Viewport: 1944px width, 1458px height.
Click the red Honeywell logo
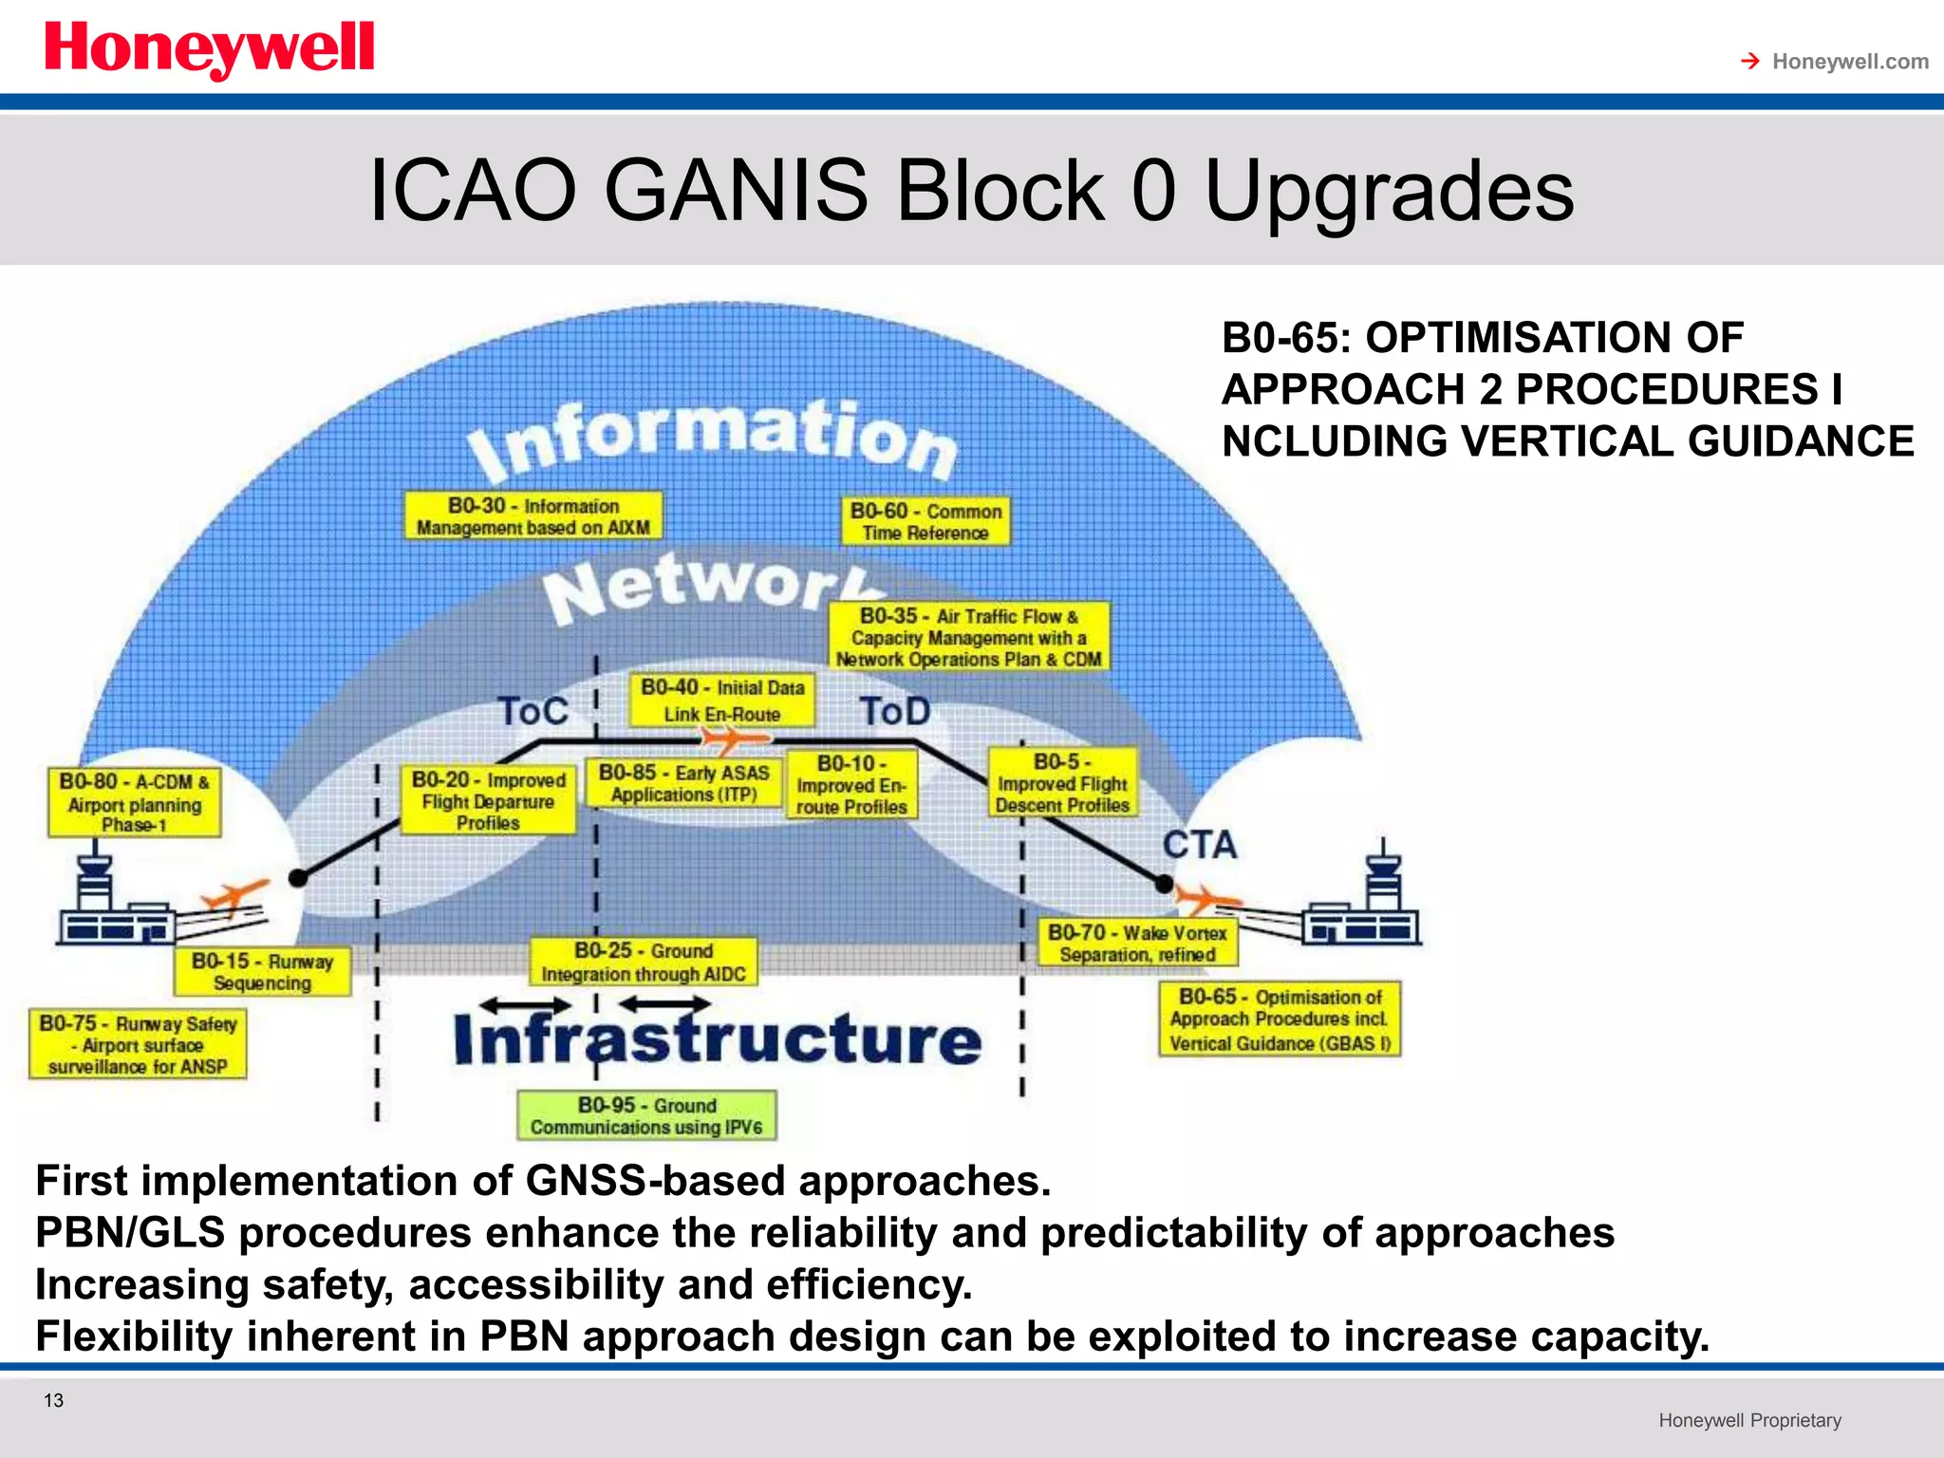pyautogui.click(x=209, y=49)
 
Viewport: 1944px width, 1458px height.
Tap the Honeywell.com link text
pyautogui.click(x=1849, y=62)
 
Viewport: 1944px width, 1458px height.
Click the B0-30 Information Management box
pyautogui.click(x=533, y=516)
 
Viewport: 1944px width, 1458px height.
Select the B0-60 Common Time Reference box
pyautogui.click(x=925, y=521)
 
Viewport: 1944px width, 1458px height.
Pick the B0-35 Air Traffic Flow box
pyautogui.click(x=968, y=637)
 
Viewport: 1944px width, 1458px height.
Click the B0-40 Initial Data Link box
pyautogui.click(x=721, y=701)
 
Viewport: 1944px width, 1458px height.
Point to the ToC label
pyautogui.click(x=533, y=712)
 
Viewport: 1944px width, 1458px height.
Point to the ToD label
pyautogui.click(x=894, y=712)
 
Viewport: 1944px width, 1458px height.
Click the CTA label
pyautogui.click(x=1200, y=845)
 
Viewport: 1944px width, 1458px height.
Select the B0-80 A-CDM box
pyautogui.click(x=134, y=803)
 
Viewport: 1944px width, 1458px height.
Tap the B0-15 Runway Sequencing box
pyautogui.click(x=262, y=972)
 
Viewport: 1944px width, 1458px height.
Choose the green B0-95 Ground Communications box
pyautogui.click(x=646, y=1116)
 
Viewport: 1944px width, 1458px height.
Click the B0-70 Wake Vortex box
pyautogui.click(x=1137, y=943)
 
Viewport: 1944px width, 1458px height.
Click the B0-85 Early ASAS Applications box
pyautogui.click(x=684, y=783)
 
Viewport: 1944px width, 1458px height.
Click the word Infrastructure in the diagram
pyautogui.click(x=718, y=1039)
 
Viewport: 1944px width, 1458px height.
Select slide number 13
pyautogui.click(x=54, y=1400)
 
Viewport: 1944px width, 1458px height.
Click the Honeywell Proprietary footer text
pyautogui.click(x=1749, y=1420)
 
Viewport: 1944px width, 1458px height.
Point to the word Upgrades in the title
pyautogui.click(x=1389, y=192)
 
